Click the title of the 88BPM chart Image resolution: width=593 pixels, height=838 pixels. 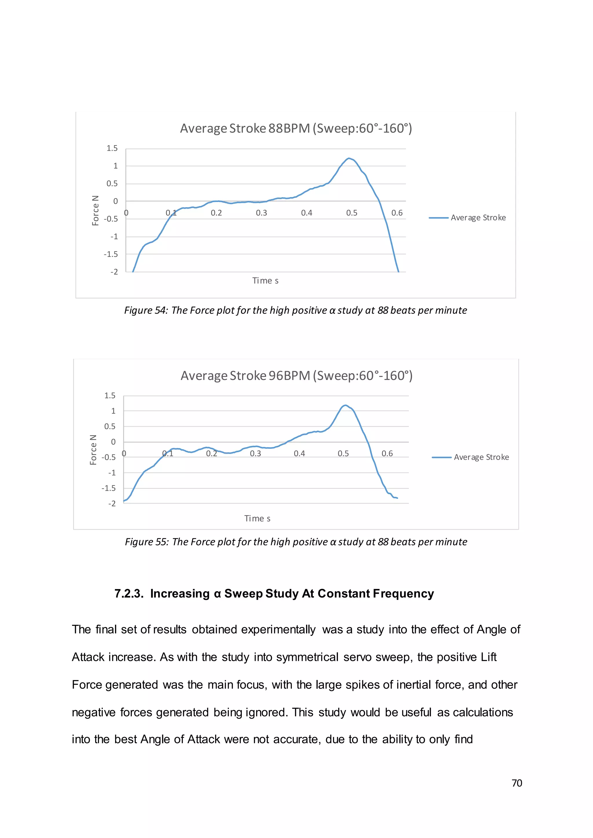(x=296, y=128)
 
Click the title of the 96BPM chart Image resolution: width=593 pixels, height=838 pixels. (x=296, y=376)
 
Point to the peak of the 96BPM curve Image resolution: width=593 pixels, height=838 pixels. (x=345, y=405)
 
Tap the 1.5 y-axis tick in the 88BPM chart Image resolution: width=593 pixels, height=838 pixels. (x=112, y=148)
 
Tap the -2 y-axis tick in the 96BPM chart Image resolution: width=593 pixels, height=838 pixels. (x=112, y=504)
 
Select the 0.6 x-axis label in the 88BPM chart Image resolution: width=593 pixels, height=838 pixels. (x=397, y=213)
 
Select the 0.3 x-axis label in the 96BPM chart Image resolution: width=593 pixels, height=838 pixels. (x=255, y=453)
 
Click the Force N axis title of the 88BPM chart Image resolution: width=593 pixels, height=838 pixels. (x=95, y=211)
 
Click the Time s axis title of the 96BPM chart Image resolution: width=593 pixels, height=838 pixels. (x=257, y=519)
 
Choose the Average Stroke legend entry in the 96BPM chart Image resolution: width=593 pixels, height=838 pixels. (x=481, y=457)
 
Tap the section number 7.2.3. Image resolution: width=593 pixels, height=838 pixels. (x=129, y=593)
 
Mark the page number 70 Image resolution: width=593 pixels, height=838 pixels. (x=517, y=783)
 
